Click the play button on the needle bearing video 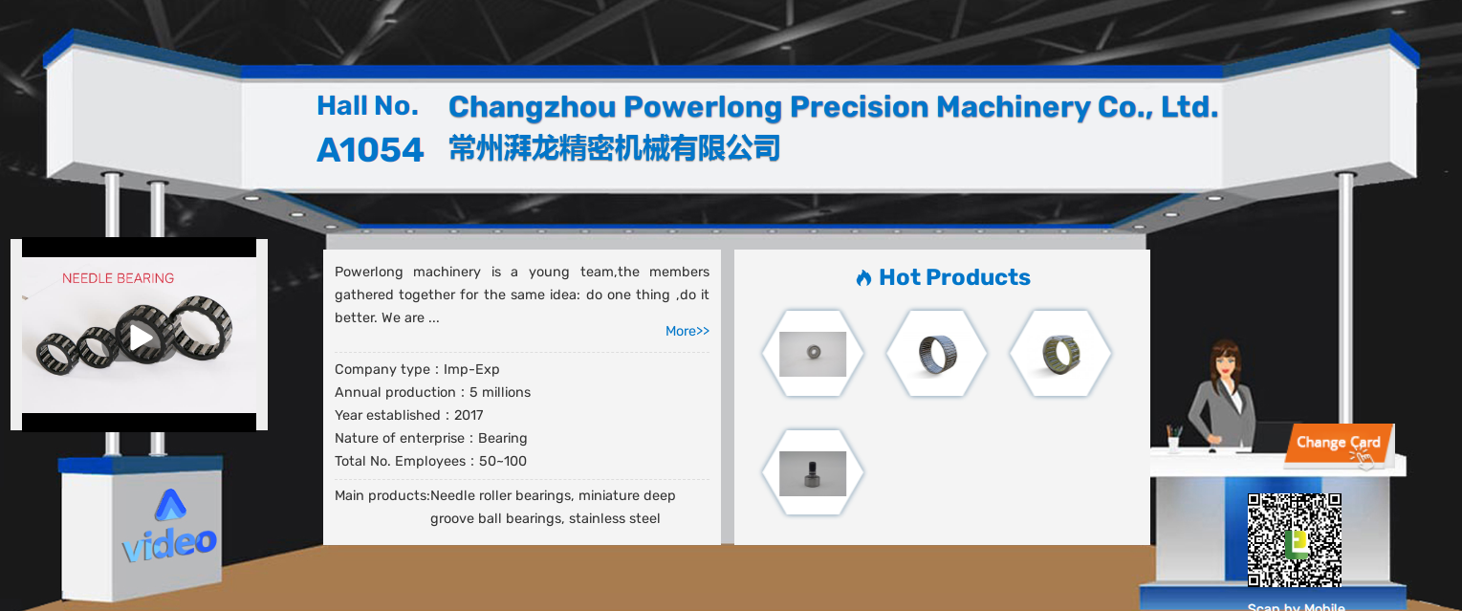141,338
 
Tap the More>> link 687,331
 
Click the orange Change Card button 1339,444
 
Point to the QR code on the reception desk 1295,539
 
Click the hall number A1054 370,150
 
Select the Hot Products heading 954,277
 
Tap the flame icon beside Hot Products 863,278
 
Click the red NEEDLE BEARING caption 119,278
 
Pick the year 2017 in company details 469,415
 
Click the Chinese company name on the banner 614,148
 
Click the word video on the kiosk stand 169,543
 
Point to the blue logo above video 170,505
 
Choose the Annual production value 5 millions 500,392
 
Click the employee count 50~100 503,461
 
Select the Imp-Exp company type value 471,369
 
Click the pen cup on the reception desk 1173,439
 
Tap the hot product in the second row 813,473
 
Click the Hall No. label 367,106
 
